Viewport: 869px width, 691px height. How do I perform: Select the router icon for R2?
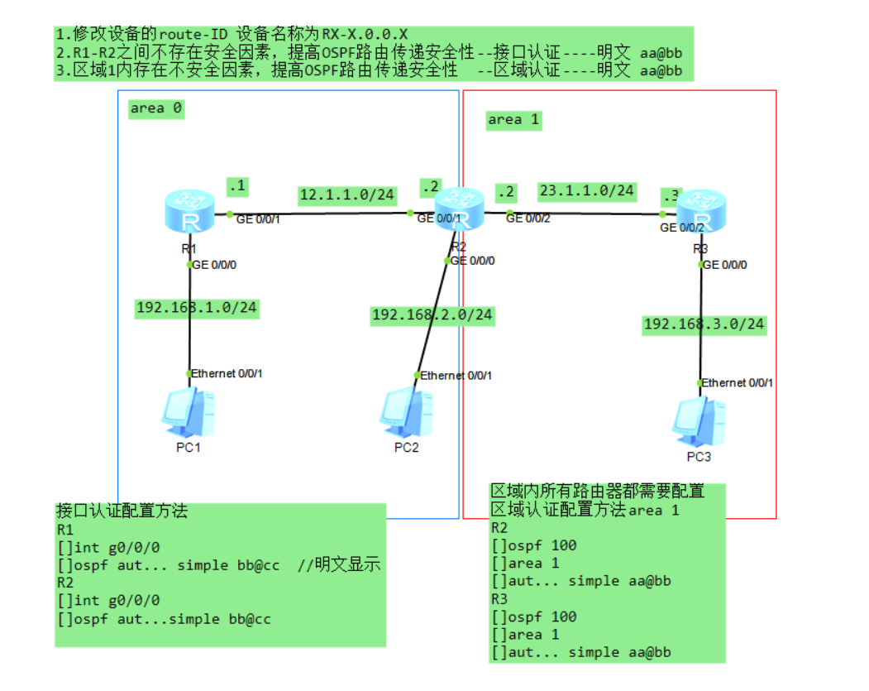click(459, 210)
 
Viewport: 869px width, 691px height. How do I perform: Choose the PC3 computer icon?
click(699, 422)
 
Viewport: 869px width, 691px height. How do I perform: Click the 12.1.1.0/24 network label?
click(347, 195)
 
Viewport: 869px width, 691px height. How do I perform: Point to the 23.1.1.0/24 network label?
click(587, 190)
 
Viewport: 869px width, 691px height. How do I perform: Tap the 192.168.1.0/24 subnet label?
click(197, 308)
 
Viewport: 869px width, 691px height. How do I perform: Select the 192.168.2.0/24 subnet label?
click(432, 314)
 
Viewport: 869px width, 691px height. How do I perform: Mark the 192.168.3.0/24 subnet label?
click(704, 324)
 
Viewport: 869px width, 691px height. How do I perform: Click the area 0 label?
click(156, 108)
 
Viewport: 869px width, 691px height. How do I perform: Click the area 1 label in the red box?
click(513, 120)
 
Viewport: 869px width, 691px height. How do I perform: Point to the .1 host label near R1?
click(237, 187)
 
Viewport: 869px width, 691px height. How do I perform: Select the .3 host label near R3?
click(671, 195)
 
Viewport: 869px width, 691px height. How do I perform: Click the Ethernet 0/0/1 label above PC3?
click(738, 382)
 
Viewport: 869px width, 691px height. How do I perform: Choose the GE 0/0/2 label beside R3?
click(682, 228)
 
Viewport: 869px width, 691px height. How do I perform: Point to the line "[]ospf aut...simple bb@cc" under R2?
click(164, 619)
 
